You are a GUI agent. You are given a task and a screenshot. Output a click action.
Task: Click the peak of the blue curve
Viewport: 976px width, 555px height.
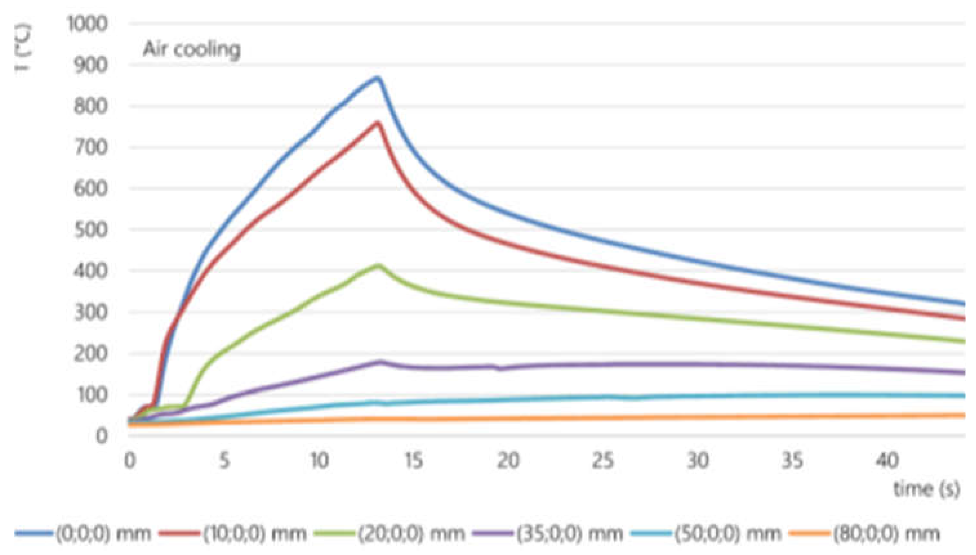point(377,78)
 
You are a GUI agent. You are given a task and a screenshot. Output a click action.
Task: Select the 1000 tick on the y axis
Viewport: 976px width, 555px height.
point(87,24)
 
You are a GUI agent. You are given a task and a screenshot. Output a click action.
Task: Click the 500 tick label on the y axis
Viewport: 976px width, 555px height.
point(90,230)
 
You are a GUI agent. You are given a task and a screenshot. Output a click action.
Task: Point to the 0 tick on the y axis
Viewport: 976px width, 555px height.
point(101,436)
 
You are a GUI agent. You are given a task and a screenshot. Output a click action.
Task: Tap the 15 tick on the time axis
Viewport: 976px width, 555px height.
point(414,460)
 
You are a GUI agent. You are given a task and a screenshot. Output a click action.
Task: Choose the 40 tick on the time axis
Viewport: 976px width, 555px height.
point(887,460)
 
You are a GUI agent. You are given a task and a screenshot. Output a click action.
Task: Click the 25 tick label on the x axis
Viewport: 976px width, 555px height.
point(603,460)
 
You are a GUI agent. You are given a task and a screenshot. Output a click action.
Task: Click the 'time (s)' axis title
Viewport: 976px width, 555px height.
point(926,489)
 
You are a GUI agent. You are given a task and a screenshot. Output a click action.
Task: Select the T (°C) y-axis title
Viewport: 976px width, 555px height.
point(24,50)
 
